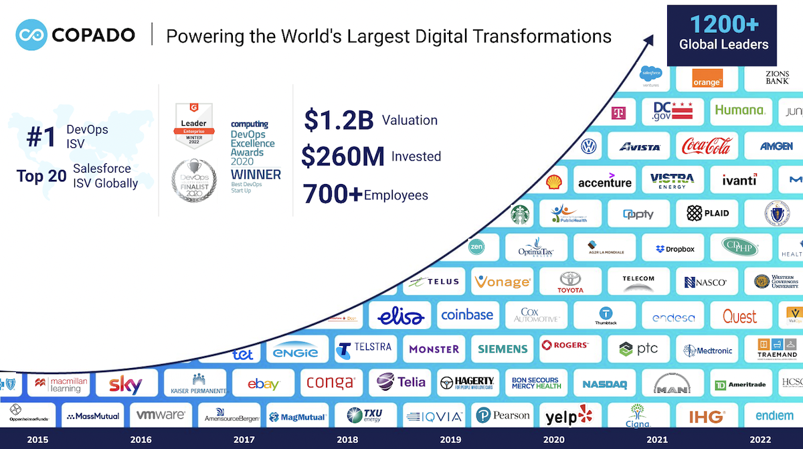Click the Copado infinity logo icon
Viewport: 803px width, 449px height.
tap(31, 35)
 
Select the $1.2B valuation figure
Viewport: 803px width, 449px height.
tap(338, 120)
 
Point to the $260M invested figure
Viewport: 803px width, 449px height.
tap(342, 157)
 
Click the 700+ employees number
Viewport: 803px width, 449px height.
tap(333, 194)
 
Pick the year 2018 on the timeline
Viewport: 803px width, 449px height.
tap(347, 440)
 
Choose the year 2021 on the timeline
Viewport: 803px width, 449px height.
tap(656, 440)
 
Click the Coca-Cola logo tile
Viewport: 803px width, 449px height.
tap(706, 145)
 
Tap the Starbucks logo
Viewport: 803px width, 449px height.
tap(520, 214)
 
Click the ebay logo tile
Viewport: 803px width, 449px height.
tap(263, 383)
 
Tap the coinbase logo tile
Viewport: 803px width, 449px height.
tap(467, 315)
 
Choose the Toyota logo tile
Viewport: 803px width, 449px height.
tap(570, 282)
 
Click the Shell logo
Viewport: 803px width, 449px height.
tap(553, 181)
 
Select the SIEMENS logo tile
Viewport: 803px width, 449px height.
tap(503, 349)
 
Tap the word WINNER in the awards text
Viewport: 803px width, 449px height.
tap(256, 174)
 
